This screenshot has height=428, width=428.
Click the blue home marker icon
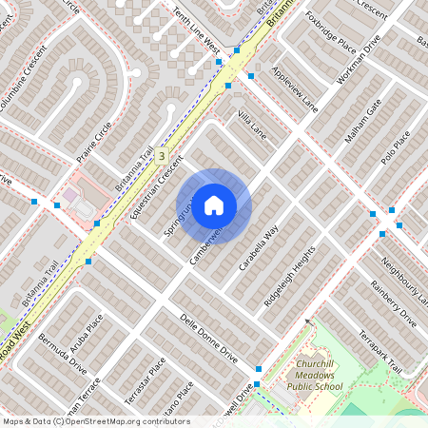(x=214, y=205)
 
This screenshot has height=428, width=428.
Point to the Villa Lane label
(x=251, y=128)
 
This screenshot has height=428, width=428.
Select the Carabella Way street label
(x=258, y=249)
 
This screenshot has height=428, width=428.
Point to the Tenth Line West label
(x=198, y=31)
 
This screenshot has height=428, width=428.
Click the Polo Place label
(x=395, y=146)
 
